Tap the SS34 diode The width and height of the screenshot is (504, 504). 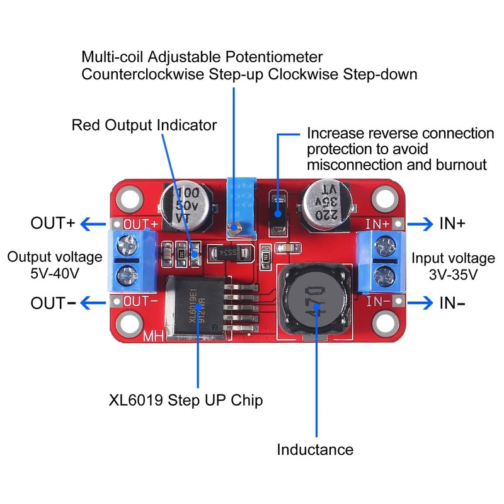tap(229, 253)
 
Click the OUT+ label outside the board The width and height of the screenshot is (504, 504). tap(53, 224)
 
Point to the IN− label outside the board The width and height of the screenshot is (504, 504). tap(453, 303)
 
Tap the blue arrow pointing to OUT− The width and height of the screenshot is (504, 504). tap(95, 303)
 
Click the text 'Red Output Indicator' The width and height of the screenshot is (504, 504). tap(144, 125)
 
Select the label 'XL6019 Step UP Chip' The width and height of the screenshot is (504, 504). tap(185, 400)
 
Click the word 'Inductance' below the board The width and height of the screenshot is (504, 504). tap(315, 449)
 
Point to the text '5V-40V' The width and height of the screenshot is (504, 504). tap(54, 274)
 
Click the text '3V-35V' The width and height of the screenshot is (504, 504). tap(454, 275)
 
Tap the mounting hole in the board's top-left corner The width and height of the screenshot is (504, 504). tap(127, 197)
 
